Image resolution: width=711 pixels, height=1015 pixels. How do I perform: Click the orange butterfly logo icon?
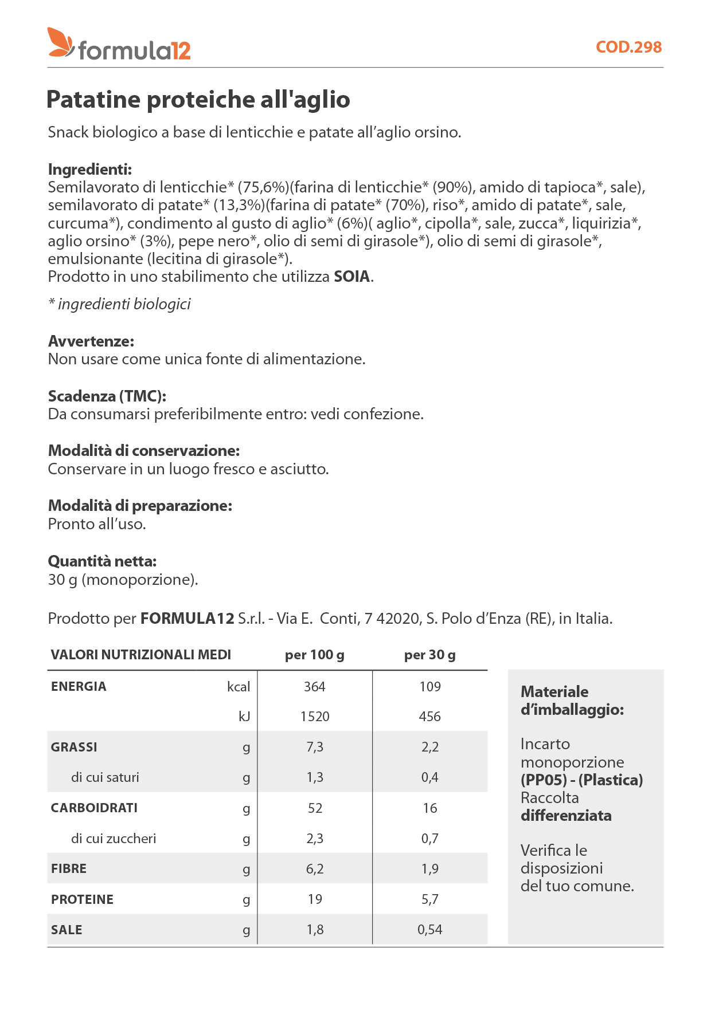tap(60, 43)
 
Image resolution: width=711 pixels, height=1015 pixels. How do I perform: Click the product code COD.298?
tap(628, 47)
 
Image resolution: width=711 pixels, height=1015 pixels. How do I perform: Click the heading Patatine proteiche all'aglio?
tap(198, 100)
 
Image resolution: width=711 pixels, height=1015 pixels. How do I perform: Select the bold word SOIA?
tap(352, 277)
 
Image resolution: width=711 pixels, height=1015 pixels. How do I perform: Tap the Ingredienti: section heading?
tap(90, 170)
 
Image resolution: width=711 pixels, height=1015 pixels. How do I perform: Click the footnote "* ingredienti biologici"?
tap(119, 304)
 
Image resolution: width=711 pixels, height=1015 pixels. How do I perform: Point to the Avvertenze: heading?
tap(91, 341)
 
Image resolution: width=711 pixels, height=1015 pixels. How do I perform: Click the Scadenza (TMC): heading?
tap(107, 396)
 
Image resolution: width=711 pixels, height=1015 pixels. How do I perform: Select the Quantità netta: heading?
tap(102, 561)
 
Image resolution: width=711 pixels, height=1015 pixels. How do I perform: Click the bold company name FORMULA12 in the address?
tap(187, 619)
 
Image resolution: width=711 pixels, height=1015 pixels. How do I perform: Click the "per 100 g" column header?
tap(314, 655)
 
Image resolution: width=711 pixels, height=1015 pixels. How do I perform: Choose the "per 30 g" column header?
tap(429, 655)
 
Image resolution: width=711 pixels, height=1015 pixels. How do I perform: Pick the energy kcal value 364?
tap(314, 687)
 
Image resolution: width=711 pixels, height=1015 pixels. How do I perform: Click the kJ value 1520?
tap(315, 717)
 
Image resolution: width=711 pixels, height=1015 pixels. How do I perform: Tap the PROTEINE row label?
tap(82, 899)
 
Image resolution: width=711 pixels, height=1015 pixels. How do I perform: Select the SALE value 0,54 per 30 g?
tap(429, 930)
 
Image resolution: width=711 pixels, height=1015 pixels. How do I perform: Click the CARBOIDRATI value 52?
tap(315, 808)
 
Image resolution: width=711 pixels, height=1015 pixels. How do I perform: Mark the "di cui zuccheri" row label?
tap(114, 839)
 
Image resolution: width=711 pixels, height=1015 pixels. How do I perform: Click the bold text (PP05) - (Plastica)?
tap(581, 780)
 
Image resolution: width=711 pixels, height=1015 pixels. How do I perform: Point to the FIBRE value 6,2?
tap(315, 869)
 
